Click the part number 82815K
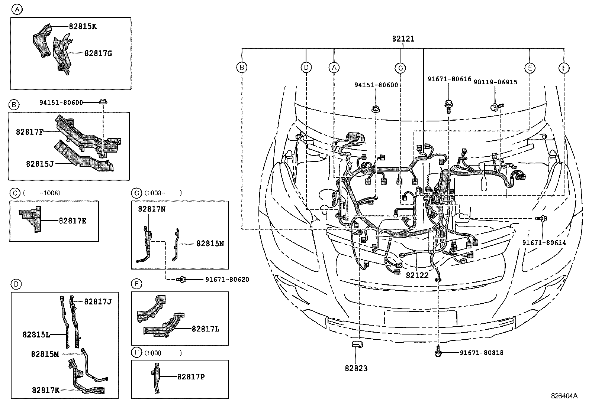click(x=83, y=26)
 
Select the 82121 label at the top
click(x=403, y=39)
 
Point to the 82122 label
click(x=417, y=275)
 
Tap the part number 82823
click(x=356, y=368)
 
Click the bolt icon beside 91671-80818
click(x=438, y=352)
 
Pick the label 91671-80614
click(x=544, y=242)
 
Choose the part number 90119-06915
click(x=495, y=82)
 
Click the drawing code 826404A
click(x=564, y=396)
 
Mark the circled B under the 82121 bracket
click(x=242, y=68)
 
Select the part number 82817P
click(x=191, y=377)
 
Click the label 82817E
click(x=73, y=221)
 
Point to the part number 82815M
click(x=45, y=354)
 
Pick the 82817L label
click(x=205, y=329)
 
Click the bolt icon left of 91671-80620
click(x=182, y=280)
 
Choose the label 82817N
click(x=152, y=209)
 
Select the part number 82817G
click(x=98, y=53)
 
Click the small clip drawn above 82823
click(x=357, y=345)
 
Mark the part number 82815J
click(x=40, y=163)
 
